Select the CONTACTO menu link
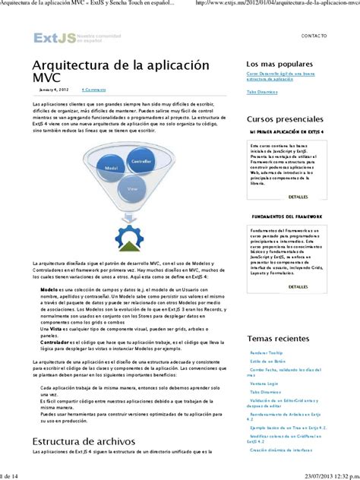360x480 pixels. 314,36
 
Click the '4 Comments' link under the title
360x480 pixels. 93,90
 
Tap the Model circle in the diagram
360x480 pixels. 111,166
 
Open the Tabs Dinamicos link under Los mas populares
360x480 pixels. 262,92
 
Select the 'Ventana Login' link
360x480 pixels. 264,383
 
